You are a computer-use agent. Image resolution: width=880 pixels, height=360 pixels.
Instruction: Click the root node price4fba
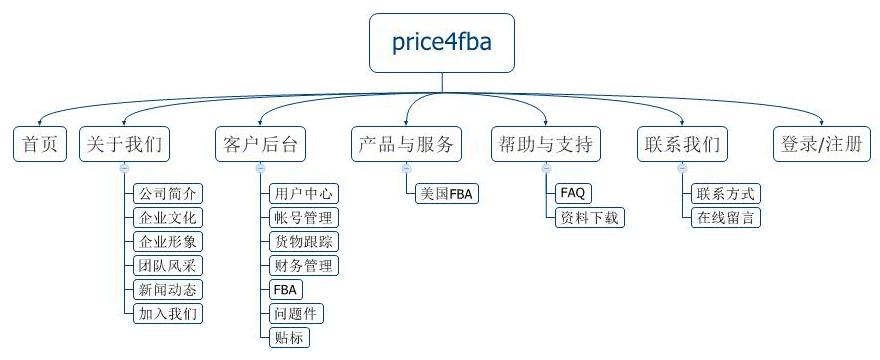pos(441,43)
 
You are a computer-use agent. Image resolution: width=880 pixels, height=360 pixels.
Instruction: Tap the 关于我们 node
pos(124,144)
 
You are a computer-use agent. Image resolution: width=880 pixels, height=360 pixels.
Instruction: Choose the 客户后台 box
pos(260,144)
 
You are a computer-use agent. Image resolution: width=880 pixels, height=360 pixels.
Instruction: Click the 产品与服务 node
pos(406,144)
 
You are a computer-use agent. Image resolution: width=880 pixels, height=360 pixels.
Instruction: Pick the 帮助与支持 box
pos(545,144)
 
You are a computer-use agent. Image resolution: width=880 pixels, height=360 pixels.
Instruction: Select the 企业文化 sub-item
pos(168,217)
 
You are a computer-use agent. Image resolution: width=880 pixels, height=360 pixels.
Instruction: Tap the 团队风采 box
pos(168,265)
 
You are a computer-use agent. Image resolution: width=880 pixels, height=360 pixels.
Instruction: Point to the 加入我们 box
pos(168,313)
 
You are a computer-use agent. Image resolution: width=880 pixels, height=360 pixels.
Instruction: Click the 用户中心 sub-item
pos(304,193)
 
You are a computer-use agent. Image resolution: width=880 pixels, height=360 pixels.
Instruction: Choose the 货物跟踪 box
pos(304,241)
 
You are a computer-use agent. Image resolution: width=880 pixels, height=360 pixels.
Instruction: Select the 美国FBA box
pos(446,193)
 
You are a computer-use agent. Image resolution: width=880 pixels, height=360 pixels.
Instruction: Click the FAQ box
pos(573,193)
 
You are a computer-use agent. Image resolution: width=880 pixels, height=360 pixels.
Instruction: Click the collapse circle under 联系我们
pos(681,169)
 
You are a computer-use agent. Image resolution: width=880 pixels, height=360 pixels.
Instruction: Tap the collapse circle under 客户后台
pos(260,169)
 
